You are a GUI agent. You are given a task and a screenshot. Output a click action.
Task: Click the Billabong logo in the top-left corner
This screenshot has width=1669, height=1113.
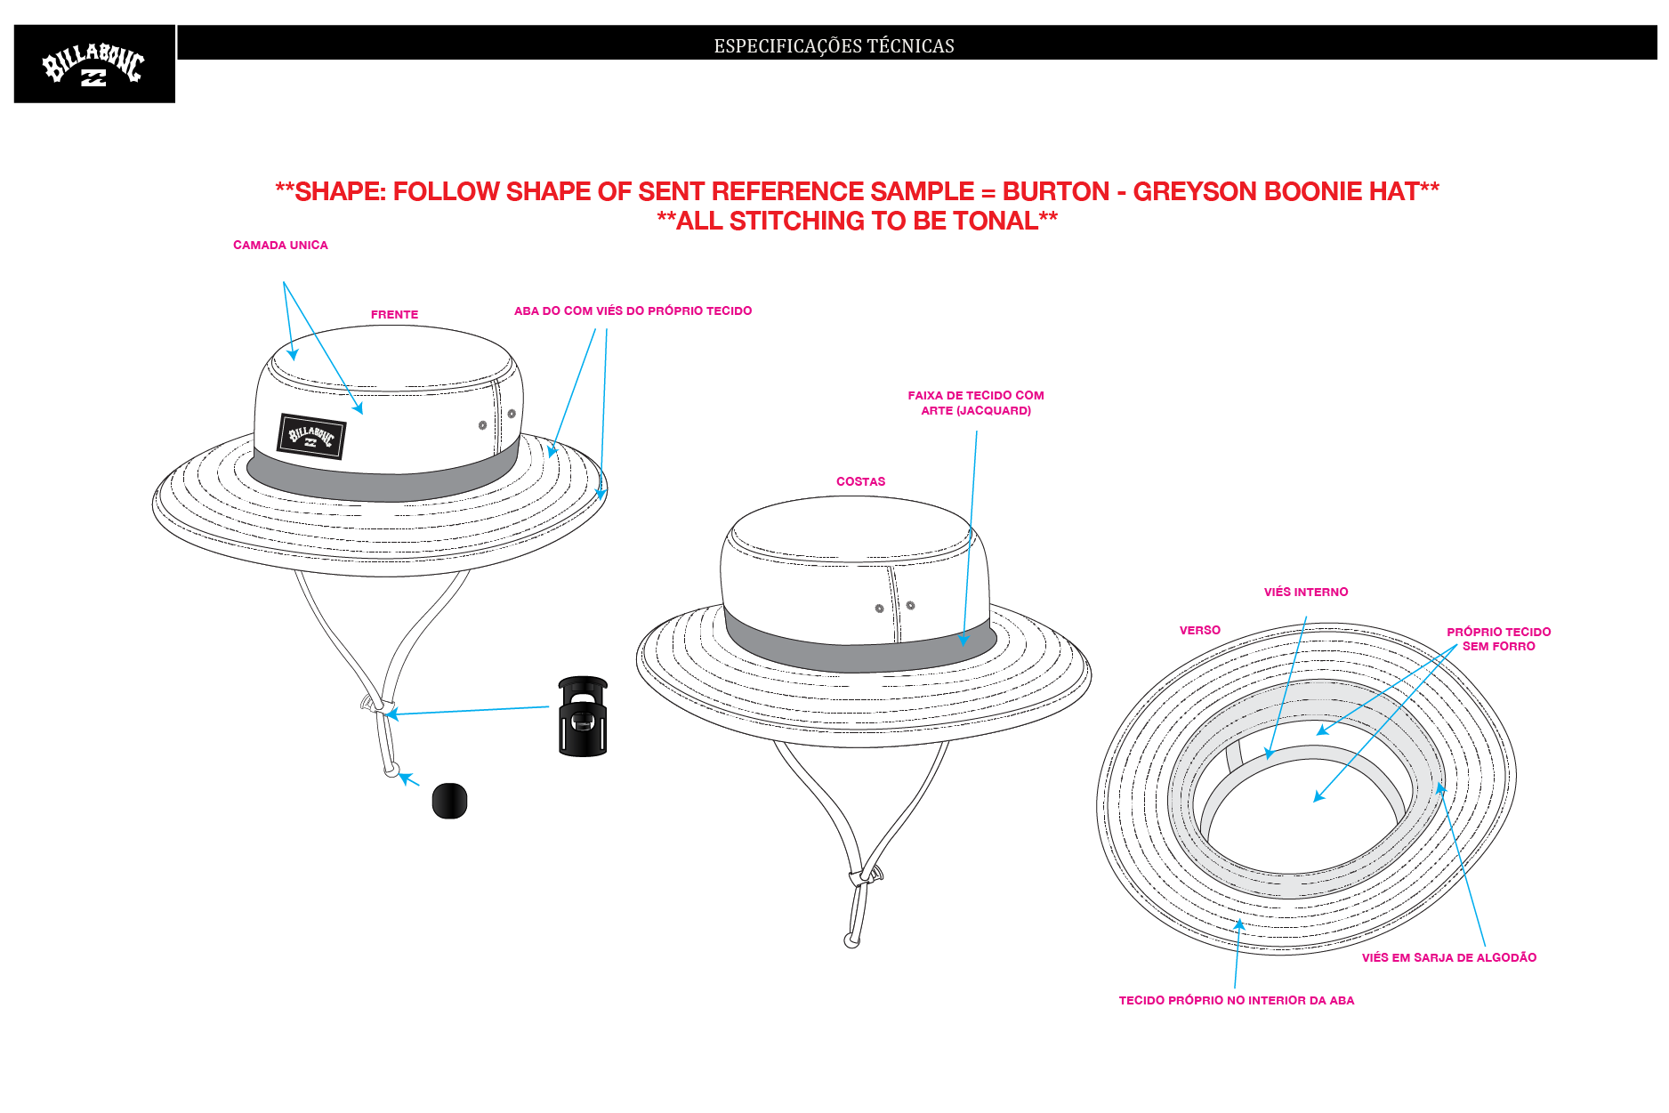click(x=94, y=64)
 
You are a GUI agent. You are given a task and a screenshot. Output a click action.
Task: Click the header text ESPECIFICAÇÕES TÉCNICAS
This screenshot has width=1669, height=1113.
click(x=834, y=46)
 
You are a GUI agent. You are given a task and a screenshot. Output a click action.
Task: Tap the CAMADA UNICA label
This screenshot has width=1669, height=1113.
click(x=280, y=246)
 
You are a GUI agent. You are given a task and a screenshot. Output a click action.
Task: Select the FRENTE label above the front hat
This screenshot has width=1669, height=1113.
click(x=394, y=315)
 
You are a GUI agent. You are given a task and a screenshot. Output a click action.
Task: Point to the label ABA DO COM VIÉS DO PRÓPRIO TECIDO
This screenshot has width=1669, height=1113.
click(x=633, y=311)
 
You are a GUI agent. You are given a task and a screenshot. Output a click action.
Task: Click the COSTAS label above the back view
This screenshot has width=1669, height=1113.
click(x=860, y=482)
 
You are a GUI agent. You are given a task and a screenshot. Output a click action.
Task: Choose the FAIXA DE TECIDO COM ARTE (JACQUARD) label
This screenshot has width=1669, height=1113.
click(x=976, y=403)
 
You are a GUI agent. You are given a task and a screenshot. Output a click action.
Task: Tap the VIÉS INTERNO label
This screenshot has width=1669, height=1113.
click(x=1306, y=593)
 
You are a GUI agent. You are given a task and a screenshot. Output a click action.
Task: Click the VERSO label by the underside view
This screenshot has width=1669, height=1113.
click(x=1200, y=631)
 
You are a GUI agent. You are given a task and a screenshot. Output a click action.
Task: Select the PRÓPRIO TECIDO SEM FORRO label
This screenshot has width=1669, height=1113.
click(x=1499, y=639)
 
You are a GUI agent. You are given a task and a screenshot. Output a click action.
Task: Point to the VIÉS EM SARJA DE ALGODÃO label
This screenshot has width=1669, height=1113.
click(x=1449, y=958)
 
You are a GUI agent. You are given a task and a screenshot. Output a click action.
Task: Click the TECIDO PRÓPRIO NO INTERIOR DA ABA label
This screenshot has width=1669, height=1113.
click(x=1237, y=1001)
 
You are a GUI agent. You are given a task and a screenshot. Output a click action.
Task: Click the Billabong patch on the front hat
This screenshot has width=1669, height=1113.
click(x=311, y=436)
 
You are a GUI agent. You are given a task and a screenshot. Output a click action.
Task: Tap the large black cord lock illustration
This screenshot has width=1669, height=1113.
click(x=583, y=716)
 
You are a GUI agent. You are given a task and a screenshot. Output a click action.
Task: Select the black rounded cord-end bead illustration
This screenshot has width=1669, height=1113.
click(x=449, y=801)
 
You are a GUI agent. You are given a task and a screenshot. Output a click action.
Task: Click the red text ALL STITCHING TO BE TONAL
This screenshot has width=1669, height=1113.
click(x=858, y=222)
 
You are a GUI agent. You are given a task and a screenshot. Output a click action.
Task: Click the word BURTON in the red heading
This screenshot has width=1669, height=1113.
click(x=1056, y=192)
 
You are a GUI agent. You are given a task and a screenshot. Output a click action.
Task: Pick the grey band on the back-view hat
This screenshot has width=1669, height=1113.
click(x=859, y=646)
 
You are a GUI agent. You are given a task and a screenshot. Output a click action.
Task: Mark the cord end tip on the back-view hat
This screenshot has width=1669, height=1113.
click(x=851, y=941)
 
